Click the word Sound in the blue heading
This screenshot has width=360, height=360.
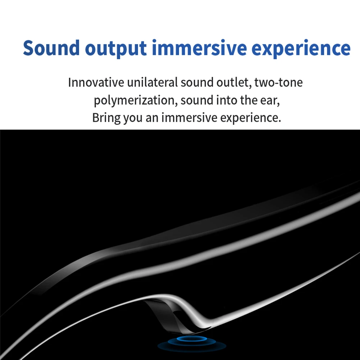tap(51, 48)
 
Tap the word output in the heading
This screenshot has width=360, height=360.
tap(116, 49)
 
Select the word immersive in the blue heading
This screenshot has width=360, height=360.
tap(199, 47)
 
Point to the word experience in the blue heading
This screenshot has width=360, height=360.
tap(301, 49)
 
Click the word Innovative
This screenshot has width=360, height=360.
tap(96, 82)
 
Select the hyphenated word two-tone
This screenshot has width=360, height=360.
tap(278, 82)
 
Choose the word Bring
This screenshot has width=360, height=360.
tap(106, 118)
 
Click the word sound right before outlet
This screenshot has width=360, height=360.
tap(197, 82)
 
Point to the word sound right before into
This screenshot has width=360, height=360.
tap(197, 100)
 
